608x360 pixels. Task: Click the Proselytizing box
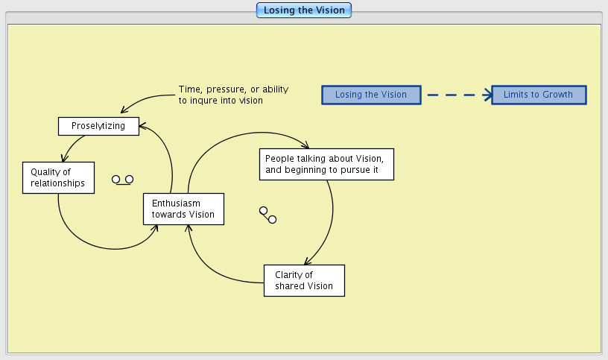click(99, 126)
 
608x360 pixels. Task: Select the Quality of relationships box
click(58, 177)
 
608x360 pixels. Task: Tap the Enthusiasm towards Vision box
click(183, 209)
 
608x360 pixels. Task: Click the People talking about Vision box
click(326, 164)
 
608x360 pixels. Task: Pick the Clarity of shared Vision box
click(304, 280)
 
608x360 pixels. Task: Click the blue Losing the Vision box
click(371, 95)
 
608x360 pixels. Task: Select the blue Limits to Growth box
click(539, 95)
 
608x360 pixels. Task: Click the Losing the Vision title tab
click(303, 10)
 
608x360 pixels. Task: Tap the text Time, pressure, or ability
click(233, 89)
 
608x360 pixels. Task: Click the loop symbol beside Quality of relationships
click(123, 180)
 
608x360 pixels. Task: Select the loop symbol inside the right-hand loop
click(267, 215)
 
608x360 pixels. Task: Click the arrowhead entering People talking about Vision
click(305, 145)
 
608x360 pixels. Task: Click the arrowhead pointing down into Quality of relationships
click(65, 158)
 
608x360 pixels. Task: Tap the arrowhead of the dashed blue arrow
click(488, 95)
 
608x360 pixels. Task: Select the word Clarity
click(288, 275)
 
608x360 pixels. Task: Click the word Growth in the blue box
click(558, 95)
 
